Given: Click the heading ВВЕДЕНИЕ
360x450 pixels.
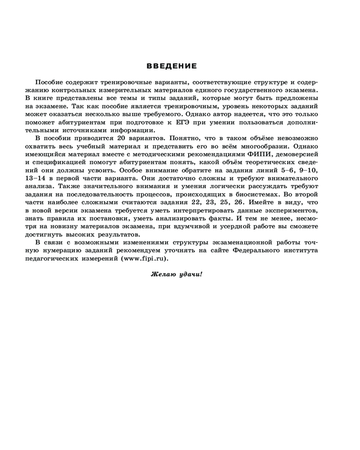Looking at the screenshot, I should pyautogui.click(x=172, y=66).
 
